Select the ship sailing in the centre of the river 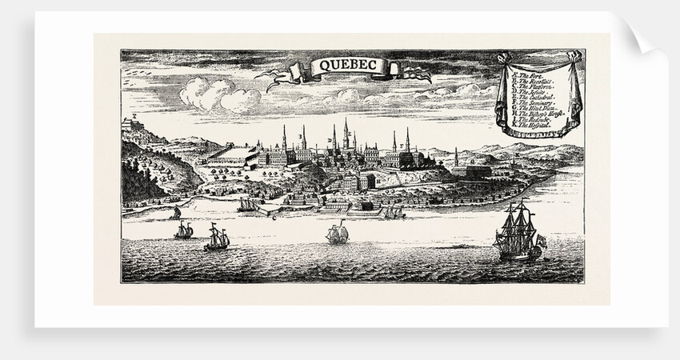(337, 234)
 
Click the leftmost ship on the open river (183, 230)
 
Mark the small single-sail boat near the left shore (175, 212)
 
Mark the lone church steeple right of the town (455, 157)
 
